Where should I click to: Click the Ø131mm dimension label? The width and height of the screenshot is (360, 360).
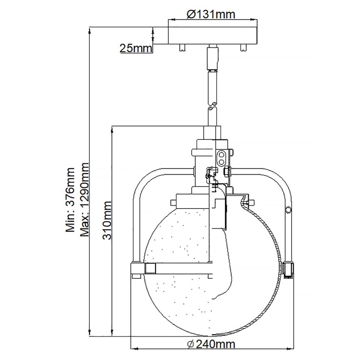tap(211, 14)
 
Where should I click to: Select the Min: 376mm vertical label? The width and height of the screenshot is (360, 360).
tap(71, 199)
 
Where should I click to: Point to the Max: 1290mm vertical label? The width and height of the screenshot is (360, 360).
tap(85, 199)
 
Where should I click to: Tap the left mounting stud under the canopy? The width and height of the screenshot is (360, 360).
tap(182, 48)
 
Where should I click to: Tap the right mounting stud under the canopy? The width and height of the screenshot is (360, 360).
tap(243, 48)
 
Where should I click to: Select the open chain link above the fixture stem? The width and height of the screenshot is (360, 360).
tap(212, 107)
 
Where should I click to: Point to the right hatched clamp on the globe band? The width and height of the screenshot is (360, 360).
tap(288, 269)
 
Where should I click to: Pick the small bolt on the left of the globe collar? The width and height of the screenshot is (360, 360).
tap(173, 202)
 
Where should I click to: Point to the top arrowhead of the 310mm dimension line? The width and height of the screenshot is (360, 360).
tap(112, 129)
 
